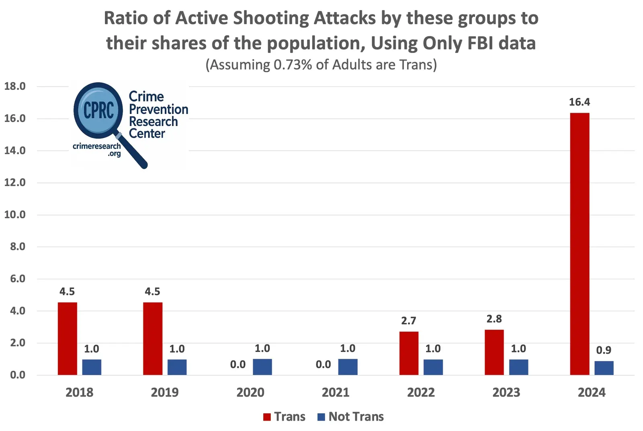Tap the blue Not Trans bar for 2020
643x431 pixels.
tap(262, 367)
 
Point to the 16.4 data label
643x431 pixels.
tap(580, 102)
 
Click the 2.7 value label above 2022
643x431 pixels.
tap(409, 321)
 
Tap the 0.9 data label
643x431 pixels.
tap(604, 350)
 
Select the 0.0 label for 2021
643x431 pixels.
tap(323, 364)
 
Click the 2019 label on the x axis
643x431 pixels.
tap(165, 392)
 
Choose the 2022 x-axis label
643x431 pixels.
tap(421, 392)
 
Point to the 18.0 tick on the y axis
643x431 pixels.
tap(15, 86)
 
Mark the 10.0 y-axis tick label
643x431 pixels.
tap(15, 215)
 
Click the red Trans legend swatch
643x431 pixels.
tap(267, 417)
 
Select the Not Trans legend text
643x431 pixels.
tap(356, 417)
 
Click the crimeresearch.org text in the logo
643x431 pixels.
tap(97, 149)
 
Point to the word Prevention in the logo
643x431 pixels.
tap(158, 109)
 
